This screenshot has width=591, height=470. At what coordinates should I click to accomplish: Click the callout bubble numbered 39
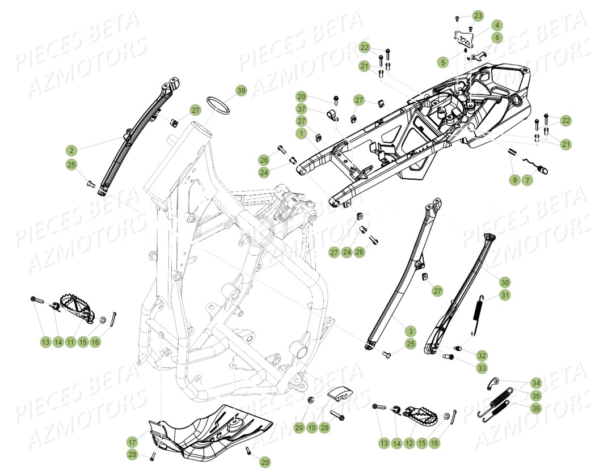(242, 91)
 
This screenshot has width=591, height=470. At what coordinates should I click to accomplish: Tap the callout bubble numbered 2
(71, 150)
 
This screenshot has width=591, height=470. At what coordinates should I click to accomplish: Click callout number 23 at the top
(478, 15)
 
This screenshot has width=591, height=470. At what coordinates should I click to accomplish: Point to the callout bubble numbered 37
(301, 109)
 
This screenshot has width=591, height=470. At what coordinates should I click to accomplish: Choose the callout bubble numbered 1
(301, 134)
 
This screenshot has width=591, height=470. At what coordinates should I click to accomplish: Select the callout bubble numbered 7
(528, 180)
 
